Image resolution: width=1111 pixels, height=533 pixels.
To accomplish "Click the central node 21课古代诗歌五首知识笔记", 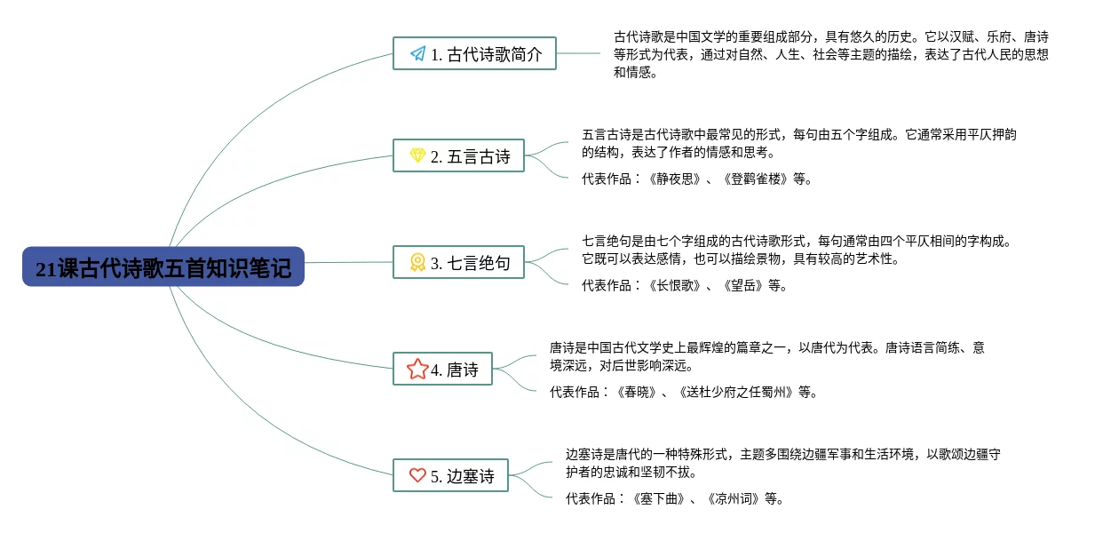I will (x=163, y=266).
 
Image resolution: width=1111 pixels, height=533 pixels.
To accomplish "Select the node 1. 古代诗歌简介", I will (x=474, y=53).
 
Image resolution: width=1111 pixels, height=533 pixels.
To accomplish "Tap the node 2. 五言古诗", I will (x=458, y=156).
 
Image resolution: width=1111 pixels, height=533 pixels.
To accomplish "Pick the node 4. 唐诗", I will (x=442, y=370).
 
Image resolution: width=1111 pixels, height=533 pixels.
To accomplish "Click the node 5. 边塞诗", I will (x=450, y=475).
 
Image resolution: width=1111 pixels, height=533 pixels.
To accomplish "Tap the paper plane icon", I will (x=417, y=54).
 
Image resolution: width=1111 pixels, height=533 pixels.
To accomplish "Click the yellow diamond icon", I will (x=417, y=156).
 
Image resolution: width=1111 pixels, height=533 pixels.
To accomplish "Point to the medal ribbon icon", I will (x=417, y=262).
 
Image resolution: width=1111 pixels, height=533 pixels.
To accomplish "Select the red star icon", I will (x=417, y=370).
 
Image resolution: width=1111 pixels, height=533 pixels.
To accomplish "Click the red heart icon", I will (x=417, y=475).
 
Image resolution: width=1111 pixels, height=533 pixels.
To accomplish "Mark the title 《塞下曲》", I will (x=656, y=498).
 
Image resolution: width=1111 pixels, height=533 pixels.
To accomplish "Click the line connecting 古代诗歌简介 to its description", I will (x=578, y=53).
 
